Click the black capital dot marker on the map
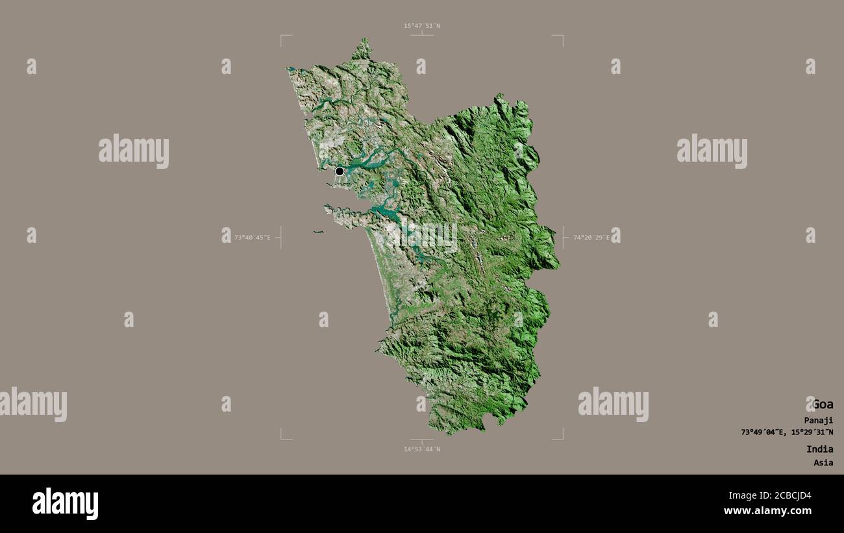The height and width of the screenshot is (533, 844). point(340,171)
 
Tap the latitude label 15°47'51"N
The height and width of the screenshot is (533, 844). point(421,26)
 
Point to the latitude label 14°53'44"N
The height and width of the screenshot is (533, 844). point(421,449)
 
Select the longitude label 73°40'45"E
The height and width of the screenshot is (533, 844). point(253,238)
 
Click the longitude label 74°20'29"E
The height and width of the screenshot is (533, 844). point(591,238)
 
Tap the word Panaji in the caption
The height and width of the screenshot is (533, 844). point(818,420)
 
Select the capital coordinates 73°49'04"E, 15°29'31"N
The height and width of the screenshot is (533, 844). point(787,432)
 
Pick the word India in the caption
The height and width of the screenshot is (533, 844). point(819,449)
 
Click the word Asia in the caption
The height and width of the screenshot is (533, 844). point(823,463)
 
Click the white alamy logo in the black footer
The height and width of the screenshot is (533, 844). point(65,504)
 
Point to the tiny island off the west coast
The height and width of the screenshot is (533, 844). point(317,232)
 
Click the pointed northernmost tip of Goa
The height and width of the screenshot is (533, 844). point(364,40)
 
